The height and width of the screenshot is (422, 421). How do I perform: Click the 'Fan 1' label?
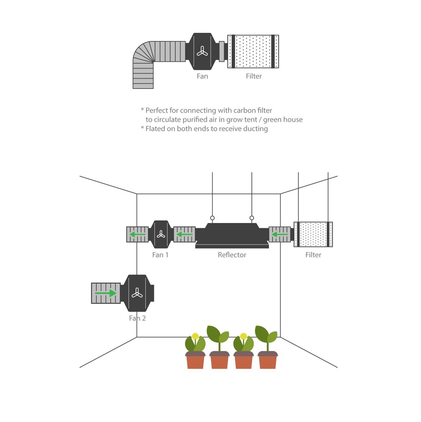[x=160, y=255]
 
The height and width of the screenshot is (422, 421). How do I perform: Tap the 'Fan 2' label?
[x=137, y=318]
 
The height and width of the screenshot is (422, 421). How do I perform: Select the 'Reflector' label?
[x=232, y=255]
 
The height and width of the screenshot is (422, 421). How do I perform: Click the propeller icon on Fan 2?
[x=137, y=293]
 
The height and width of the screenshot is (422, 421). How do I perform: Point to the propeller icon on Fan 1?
[x=161, y=234]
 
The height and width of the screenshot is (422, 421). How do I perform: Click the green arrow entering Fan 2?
[x=106, y=293]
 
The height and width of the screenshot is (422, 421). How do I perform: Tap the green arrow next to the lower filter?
[x=280, y=234]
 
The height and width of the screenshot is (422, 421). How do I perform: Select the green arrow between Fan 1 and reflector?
[x=184, y=234]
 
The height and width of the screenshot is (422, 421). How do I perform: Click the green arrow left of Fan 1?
[x=137, y=234]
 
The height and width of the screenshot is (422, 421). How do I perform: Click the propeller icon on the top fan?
[x=202, y=51]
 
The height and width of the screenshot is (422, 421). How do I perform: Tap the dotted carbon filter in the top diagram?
[x=253, y=52]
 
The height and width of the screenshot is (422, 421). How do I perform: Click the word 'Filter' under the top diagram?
[x=254, y=76]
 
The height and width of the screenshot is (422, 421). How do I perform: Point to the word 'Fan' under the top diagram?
[x=202, y=76]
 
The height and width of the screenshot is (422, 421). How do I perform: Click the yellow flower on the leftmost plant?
[x=195, y=336]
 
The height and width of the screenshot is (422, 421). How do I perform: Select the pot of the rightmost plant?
[x=268, y=361]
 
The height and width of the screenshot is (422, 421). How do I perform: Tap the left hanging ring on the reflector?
[x=212, y=218]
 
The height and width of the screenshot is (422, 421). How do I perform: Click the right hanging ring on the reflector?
[x=252, y=218]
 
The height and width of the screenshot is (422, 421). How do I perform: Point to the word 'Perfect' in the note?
[x=157, y=110]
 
